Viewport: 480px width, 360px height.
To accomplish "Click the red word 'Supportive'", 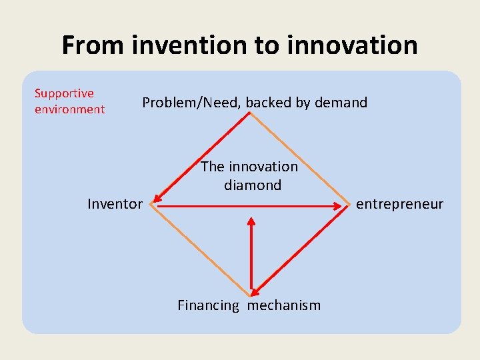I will click(x=64, y=93).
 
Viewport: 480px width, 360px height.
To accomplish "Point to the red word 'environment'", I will click(x=69, y=109).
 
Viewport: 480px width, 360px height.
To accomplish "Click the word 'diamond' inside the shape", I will click(x=253, y=185).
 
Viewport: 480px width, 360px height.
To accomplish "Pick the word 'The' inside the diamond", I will click(x=213, y=166).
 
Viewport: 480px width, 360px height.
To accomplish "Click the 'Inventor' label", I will click(x=115, y=204).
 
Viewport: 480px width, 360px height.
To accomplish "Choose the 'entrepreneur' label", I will click(x=399, y=204).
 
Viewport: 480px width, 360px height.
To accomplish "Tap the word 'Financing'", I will click(x=208, y=305).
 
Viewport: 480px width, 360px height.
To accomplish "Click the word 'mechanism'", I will click(x=284, y=305).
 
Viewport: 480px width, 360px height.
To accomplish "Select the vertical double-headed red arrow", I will click(x=251, y=253).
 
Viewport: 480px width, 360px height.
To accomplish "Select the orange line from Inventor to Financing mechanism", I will click(x=200, y=249).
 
